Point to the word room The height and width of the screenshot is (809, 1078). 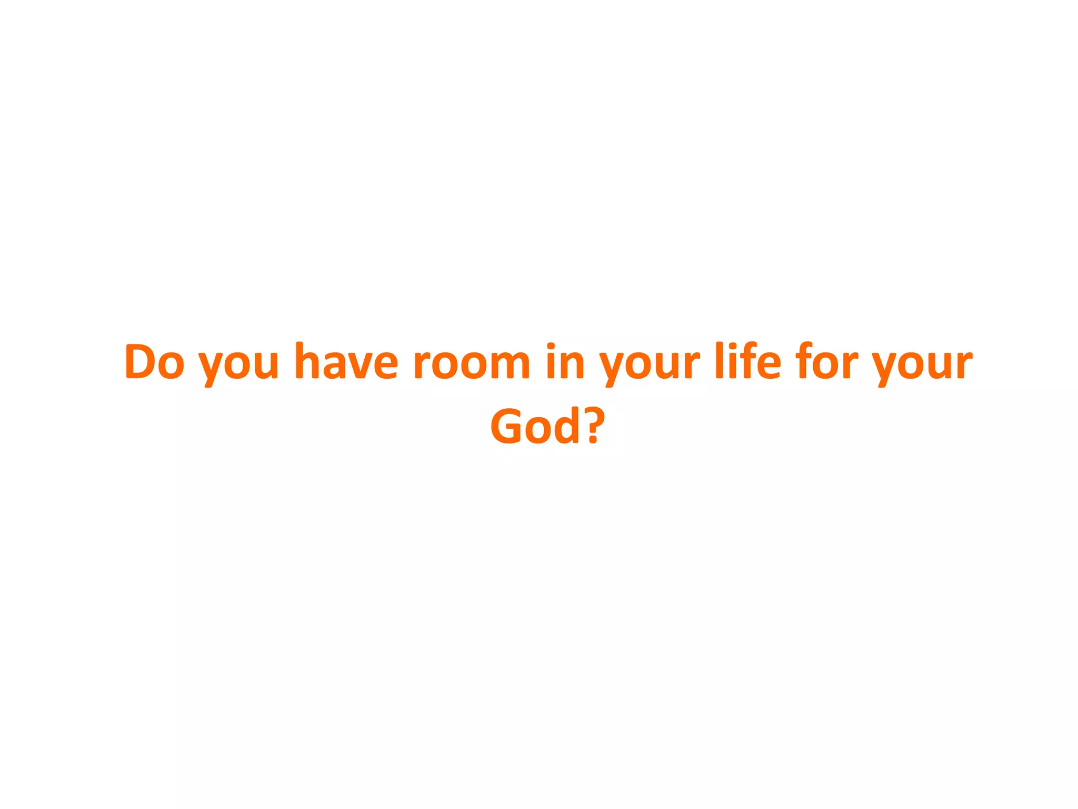(x=471, y=363)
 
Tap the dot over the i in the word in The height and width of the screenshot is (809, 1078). (x=551, y=346)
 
